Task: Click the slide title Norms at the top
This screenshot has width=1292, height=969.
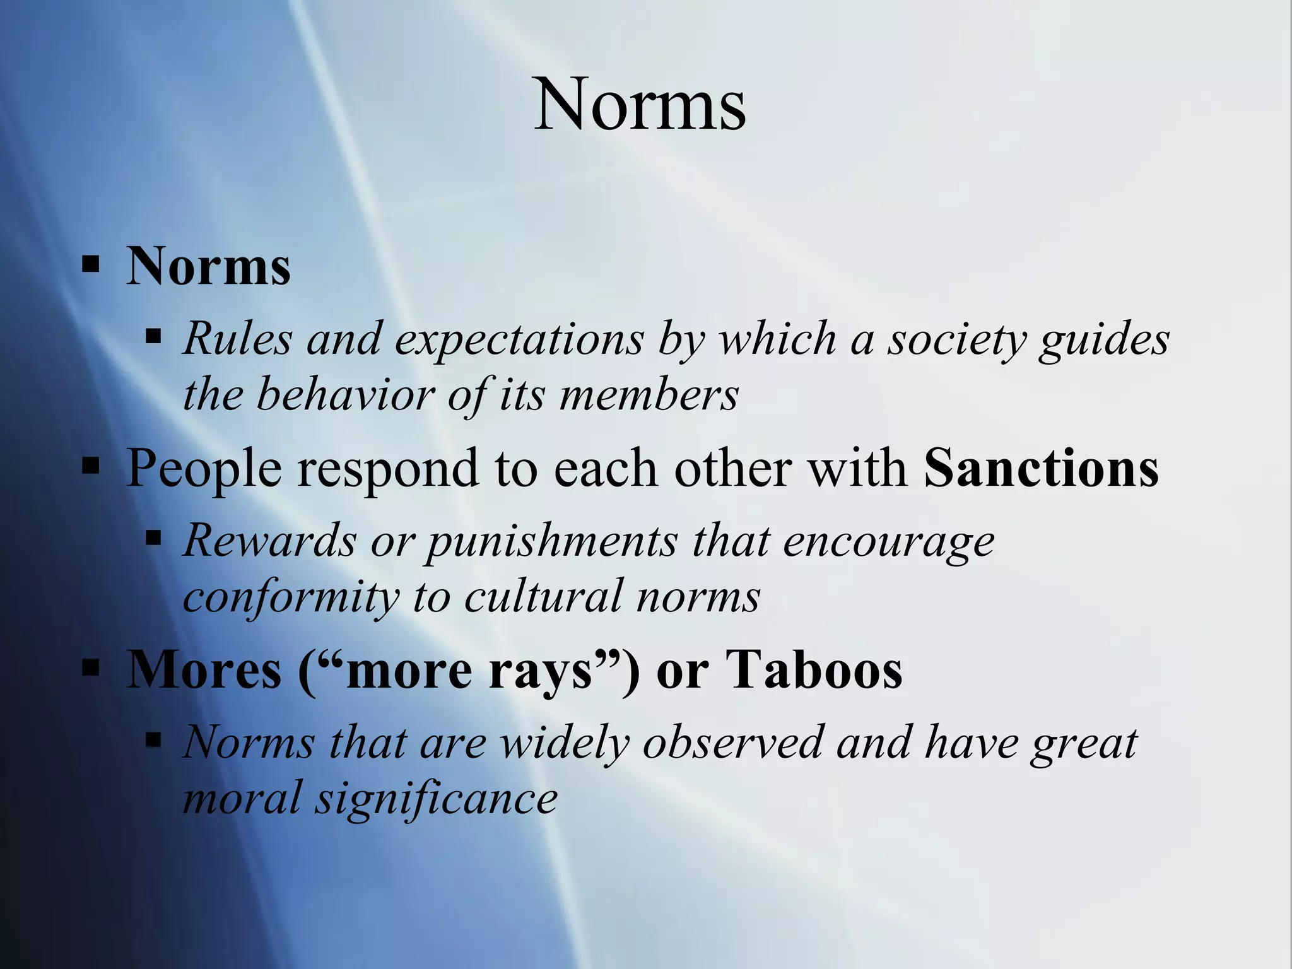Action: pyautogui.click(x=640, y=104)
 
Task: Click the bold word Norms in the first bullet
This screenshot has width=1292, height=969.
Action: pyautogui.click(x=208, y=266)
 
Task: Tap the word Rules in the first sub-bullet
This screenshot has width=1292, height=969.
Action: pyautogui.click(x=237, y=339)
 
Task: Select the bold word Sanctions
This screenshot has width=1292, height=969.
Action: pyautogui.click(x=1041, y=469)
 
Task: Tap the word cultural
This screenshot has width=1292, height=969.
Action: pyautogui.click(x=543, y=596)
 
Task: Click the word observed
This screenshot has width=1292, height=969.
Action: pyautogui.click(x=732, y=743)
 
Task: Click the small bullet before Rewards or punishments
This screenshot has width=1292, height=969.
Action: pyautogui.click(x=153, y=538)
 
